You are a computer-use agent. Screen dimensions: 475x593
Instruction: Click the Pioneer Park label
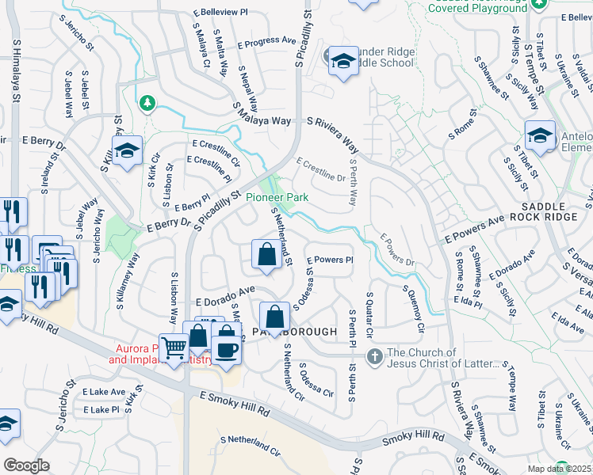click(x=276, y=197)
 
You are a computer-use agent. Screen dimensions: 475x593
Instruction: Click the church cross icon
click(x=375, y=358)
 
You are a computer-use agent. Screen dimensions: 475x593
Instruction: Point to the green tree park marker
click(x=146, y=103)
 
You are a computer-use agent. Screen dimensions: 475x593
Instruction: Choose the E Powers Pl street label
click(x=329, y=260)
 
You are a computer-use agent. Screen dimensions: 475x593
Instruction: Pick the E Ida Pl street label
click(x=469, y=302)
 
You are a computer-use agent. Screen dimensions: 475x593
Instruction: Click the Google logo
click(x=26, y=465)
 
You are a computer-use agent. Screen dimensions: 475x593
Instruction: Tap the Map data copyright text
click(x=560, y=469)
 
